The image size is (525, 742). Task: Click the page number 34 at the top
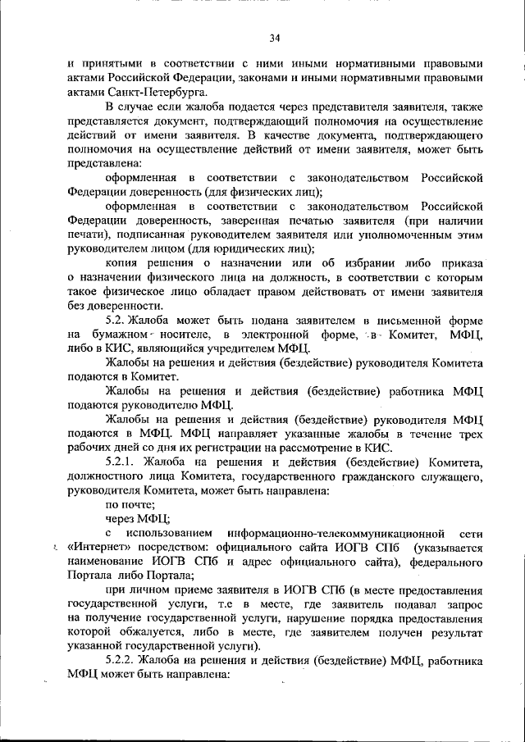pyautogui.click(x=275, y=37)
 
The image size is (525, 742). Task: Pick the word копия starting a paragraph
pyautogui.click(x=121, y=263)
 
